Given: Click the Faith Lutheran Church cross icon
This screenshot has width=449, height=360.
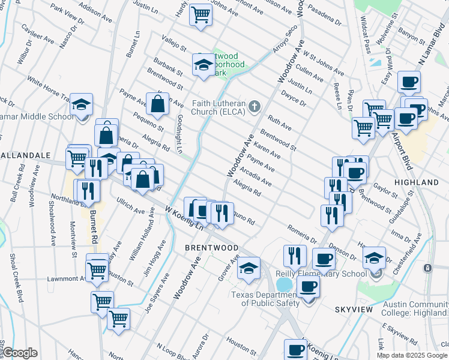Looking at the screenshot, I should point(255,107).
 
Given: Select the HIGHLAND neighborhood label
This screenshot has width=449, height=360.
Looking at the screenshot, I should point(417,182).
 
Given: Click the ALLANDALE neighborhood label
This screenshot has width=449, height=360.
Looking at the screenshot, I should point(25,155).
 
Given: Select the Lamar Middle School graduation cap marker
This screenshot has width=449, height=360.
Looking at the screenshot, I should point(81,106).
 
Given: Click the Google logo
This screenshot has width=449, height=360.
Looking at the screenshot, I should point(19,353).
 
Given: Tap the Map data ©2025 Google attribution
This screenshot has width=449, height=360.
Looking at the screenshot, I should point(412,355).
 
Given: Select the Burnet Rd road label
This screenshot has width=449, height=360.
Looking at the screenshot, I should point(94,227).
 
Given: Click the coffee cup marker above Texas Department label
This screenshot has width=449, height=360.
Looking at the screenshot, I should point(308,286).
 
